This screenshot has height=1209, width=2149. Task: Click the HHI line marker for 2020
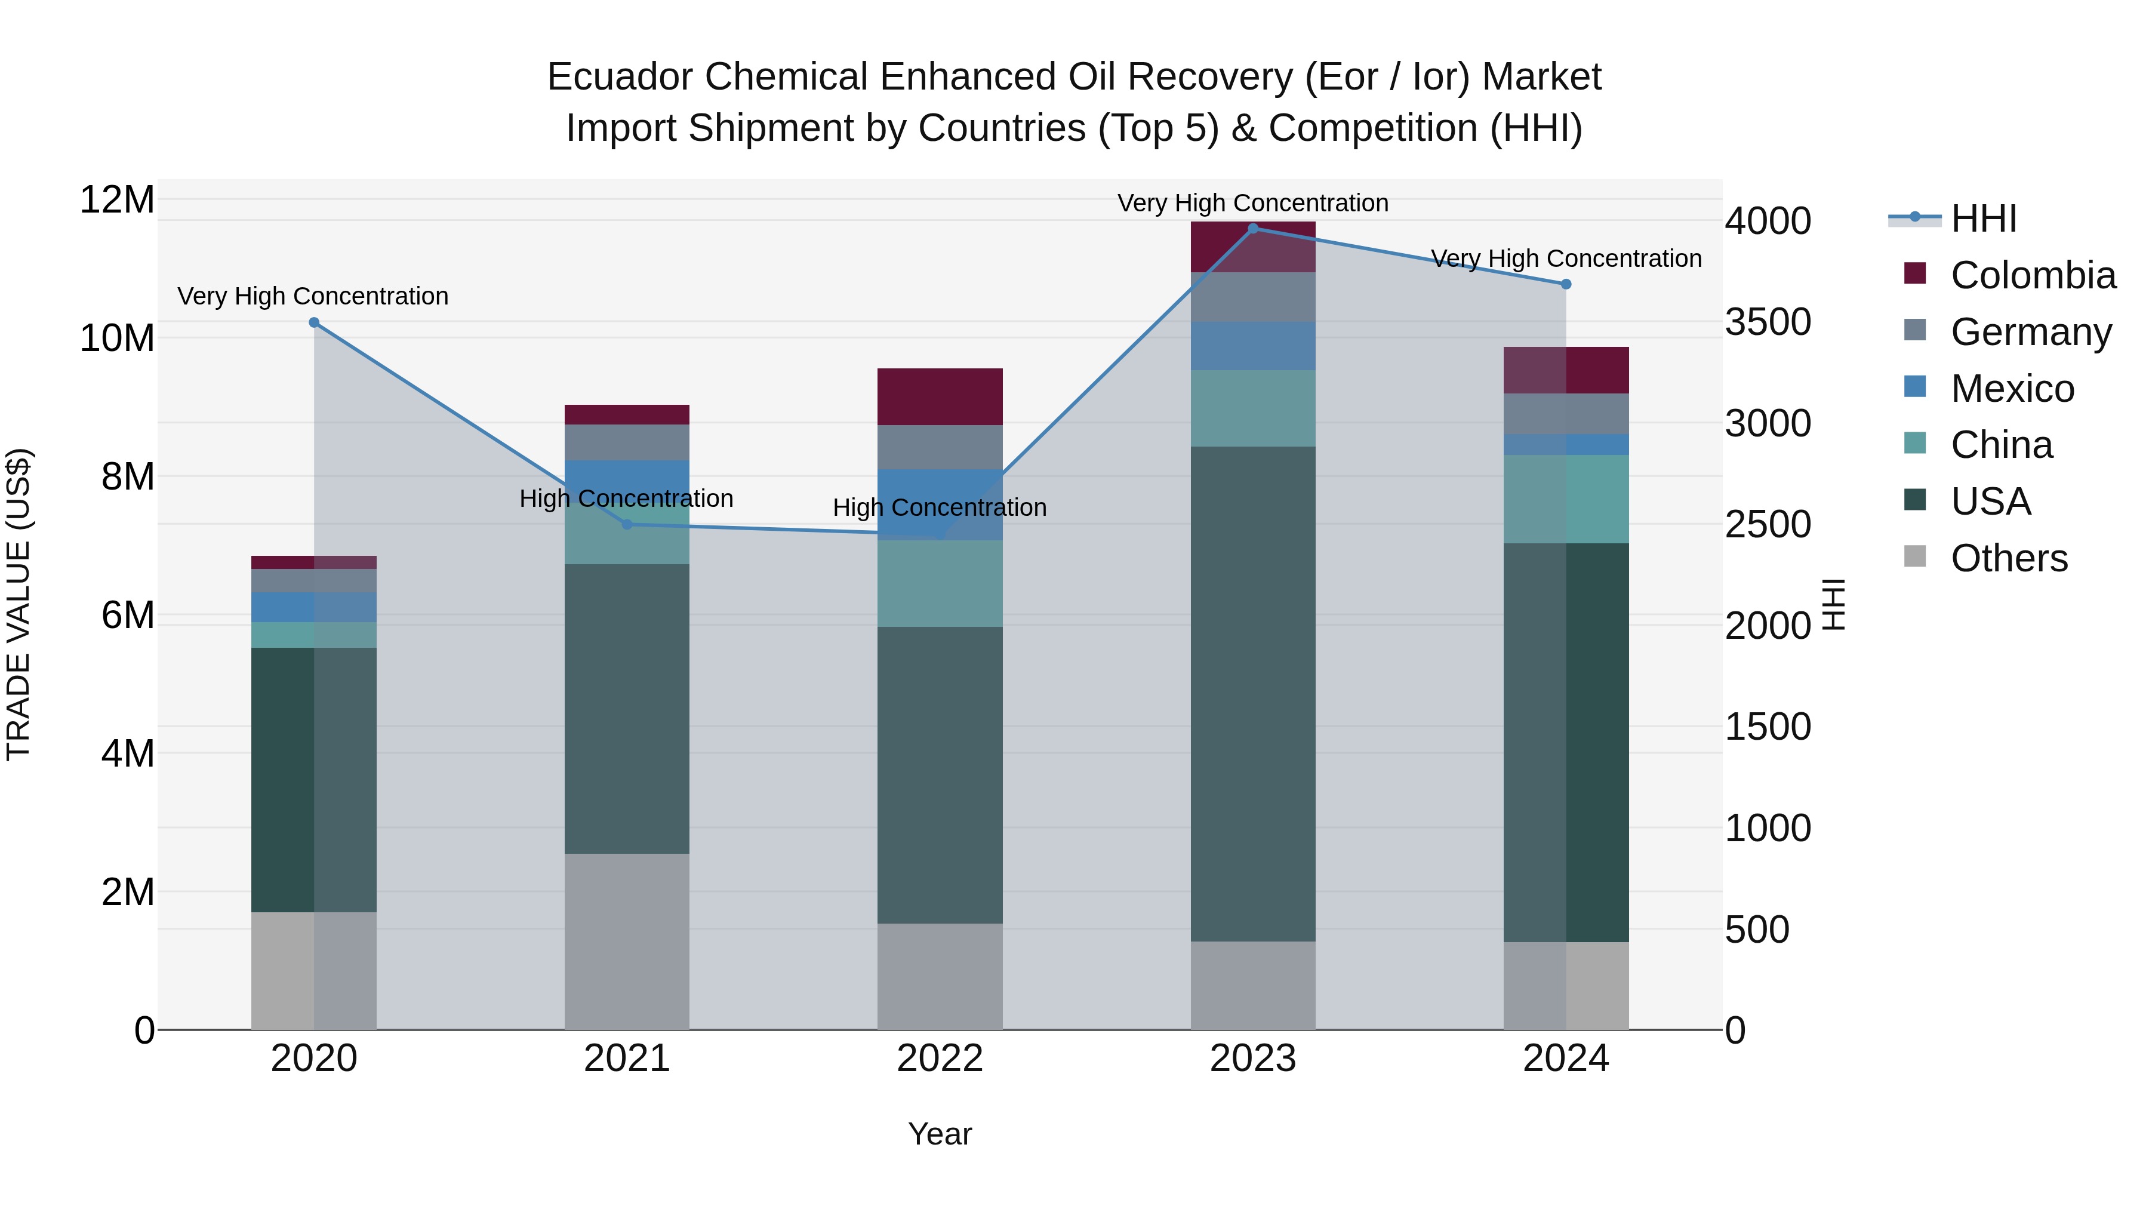point(313,322)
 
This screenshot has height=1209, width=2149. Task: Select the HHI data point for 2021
point(627,524)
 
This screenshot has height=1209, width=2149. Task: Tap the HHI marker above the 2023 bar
point(1252,229)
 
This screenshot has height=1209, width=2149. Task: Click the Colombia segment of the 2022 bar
point(940,396)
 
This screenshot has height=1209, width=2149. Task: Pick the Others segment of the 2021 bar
point(627,940)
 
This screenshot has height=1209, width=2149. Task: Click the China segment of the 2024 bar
point(1566,499)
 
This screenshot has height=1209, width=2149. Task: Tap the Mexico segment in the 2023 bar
point(1252,346)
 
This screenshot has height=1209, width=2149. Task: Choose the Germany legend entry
point(2031,331)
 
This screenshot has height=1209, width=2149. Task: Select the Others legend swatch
point(1916,556)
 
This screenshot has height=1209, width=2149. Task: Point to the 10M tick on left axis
point(117,338)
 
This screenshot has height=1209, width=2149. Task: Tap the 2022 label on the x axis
point(940,1059)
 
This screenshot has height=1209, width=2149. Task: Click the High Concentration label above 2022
point(940,507)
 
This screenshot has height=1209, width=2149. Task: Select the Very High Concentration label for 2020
point(313,296)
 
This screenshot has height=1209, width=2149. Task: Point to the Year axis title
point(940,1134)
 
